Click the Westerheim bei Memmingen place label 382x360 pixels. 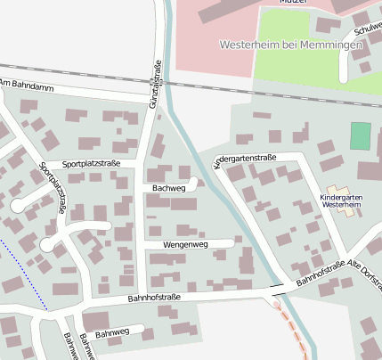pyautogui.click(x=290, y=45)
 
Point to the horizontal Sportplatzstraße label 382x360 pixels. pyautogui.click(x=90, y=164)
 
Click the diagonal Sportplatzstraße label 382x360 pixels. pyautogui.click(x=54, y=187)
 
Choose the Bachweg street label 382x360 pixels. pyautogui.click(x=168, y=189)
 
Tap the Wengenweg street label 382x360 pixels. pyautogui.click(x=184, y=244)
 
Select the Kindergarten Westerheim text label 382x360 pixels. pyautogui.click(x=342, y=200)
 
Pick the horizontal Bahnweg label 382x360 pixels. pyautogui.click(x=112, y=333)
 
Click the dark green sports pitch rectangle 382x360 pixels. pyautogui.click(x=359, y=136)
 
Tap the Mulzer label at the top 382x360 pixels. pyautogui.click(x=293, y=3)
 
